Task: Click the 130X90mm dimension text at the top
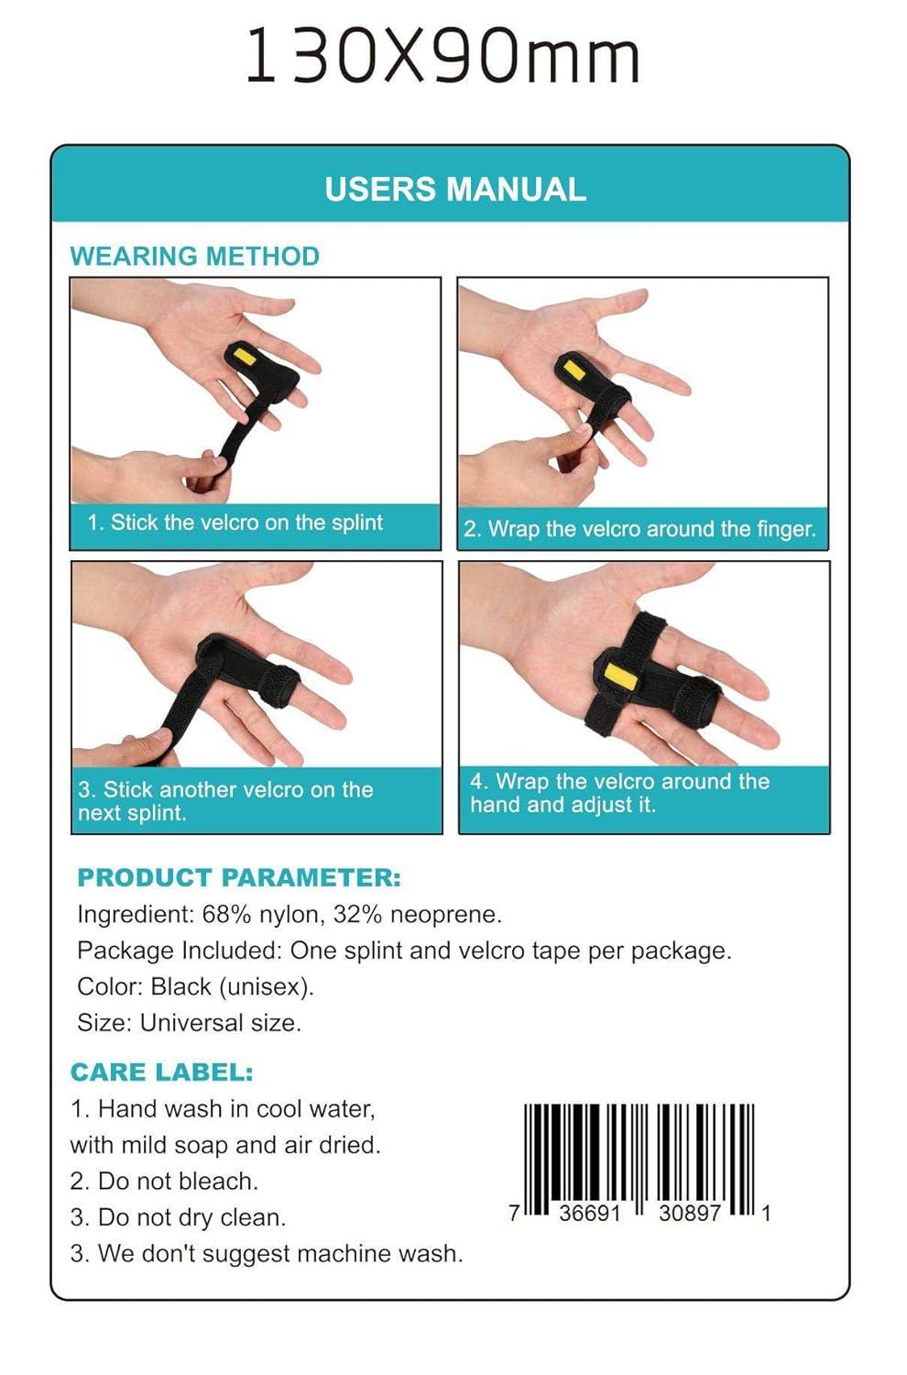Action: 443,57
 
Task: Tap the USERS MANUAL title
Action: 454,189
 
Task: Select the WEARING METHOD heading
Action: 194,256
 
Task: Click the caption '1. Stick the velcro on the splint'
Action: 235,522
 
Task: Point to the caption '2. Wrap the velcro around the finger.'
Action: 639,529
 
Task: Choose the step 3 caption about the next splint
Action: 224,801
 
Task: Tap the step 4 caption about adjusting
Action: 619,793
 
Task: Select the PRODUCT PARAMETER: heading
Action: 239,877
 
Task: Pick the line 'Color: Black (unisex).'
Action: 195,986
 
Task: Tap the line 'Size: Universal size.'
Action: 189,1022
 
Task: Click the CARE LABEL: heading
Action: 161,1072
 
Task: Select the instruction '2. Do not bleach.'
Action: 164,1181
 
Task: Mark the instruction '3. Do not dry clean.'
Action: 178,1217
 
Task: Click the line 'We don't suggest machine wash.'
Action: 279,1253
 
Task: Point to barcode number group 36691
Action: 590,1213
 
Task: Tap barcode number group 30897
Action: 690,1213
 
